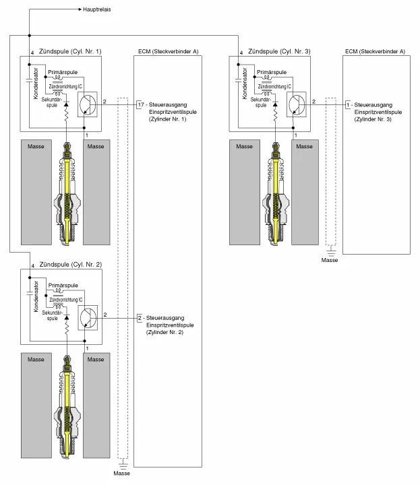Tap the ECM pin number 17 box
(x=140, y=106)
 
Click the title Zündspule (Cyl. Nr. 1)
(x=71, y=51)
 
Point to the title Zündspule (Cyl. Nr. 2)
(x=71, y=263)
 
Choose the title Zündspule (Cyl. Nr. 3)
(x=279, y=51)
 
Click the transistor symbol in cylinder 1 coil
(x=88, y=104)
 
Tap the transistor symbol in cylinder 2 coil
(x=88, y=317)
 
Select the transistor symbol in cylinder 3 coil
(x=296, y=104)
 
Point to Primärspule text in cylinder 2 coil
(x=63, y=284)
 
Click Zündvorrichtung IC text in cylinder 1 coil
(x=65, y=86)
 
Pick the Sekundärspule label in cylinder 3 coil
(x=261, y=102)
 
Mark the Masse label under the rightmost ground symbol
(x=330, y=260)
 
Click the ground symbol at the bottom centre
(x=122, y=463)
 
